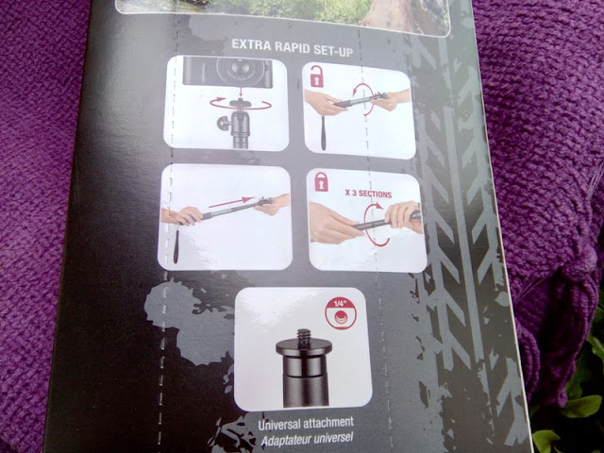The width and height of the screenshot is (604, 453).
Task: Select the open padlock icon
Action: tap(317, 76)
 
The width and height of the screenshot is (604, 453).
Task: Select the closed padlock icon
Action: tap(322, 181)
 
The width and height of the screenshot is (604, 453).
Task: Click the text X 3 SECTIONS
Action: tap(368, 193)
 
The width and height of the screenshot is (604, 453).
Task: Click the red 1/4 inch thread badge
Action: tap(341, 312)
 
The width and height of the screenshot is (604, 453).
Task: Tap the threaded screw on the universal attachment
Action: tap(304, 338)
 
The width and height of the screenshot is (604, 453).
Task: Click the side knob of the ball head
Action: tap(225, 124)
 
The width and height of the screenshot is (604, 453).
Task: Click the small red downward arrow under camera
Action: tap(241, 93)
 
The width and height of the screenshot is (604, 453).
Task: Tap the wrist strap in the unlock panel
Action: tap(323, 132)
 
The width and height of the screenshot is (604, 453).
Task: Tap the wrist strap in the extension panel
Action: tap(177, 244)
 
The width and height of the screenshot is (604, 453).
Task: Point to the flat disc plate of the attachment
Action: tap(304, 349)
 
